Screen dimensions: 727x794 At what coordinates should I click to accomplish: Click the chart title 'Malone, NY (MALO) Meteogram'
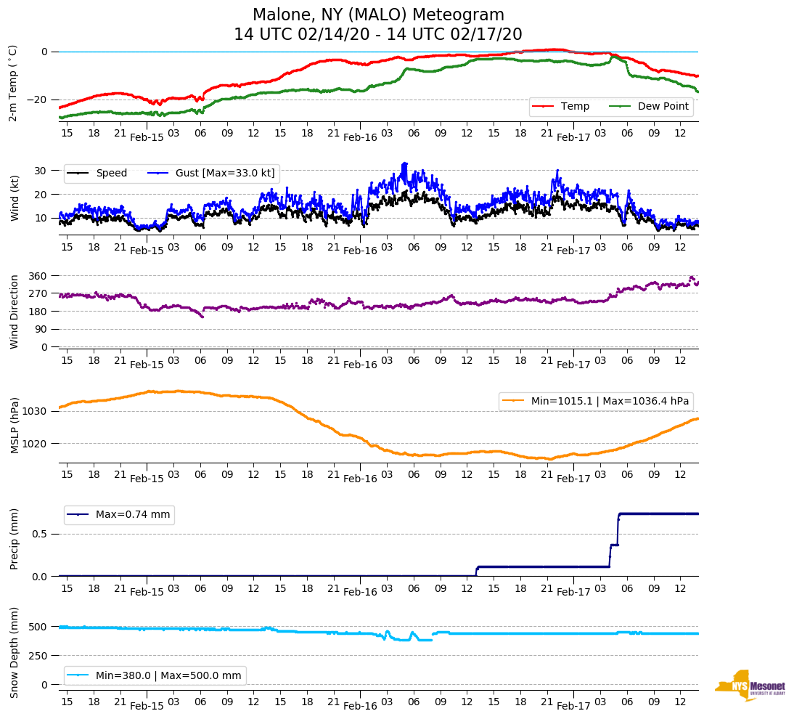pyautogui.click(x=378, y=15)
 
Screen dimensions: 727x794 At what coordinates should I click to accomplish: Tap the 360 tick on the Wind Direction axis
pyautogui.click(x=37, y=276)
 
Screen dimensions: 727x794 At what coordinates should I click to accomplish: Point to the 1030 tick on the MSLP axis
pyautogui.click(x=36, y=412)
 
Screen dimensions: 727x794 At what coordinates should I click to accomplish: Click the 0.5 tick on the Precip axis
pyautogui.click(x=40, y=534)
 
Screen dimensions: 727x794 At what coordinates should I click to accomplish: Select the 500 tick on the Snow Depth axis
pyautogui.click(x=39, y=627)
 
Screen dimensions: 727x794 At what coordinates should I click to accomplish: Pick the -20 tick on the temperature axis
pyautogui.click(x=38, y=99)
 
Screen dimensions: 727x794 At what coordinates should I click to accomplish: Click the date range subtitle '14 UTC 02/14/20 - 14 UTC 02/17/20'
pyautogui.click(x=378, y=35)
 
